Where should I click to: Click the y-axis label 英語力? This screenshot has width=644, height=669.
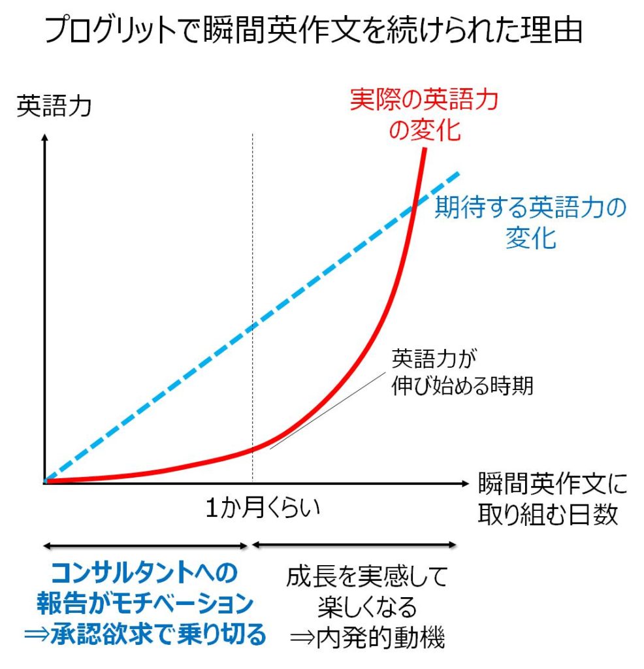click(54, 105)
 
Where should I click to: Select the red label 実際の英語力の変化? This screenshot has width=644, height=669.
click(424, 114)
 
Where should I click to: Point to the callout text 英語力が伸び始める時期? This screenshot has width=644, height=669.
click(462, 372)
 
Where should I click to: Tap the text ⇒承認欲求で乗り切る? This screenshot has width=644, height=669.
click(145, 634)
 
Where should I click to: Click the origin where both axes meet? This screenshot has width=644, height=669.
click(44, 483)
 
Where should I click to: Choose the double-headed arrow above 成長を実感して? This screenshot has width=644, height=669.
click(353, 544)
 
